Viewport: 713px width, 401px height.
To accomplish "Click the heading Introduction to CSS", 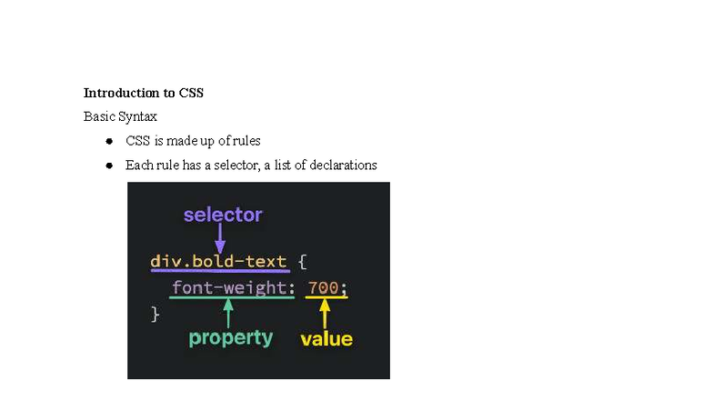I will (144, 93).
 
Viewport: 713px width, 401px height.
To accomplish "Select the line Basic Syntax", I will (120, 116).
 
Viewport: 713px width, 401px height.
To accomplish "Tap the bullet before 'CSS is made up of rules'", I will (108, 141).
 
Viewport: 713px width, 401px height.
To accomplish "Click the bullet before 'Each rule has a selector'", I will (108, 165).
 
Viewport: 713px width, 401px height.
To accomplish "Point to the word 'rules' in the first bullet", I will (246, 141).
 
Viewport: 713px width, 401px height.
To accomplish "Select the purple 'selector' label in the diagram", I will (223, 216).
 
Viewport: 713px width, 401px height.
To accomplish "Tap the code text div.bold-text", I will (218, 262).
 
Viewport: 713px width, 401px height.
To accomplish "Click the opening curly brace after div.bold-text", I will (302, 262).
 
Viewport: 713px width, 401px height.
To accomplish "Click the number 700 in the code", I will (323, 288).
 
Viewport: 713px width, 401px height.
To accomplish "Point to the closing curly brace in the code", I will (155, 314).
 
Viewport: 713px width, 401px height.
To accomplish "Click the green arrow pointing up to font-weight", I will (228, 313).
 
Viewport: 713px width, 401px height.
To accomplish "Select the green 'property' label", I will (231, 338).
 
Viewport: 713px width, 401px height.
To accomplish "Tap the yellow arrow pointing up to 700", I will (324, 314).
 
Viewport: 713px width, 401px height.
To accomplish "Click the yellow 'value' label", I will (326, 339).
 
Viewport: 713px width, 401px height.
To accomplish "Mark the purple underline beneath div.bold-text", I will (219, 272).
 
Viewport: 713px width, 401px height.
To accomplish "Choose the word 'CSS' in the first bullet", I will (137, 141).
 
